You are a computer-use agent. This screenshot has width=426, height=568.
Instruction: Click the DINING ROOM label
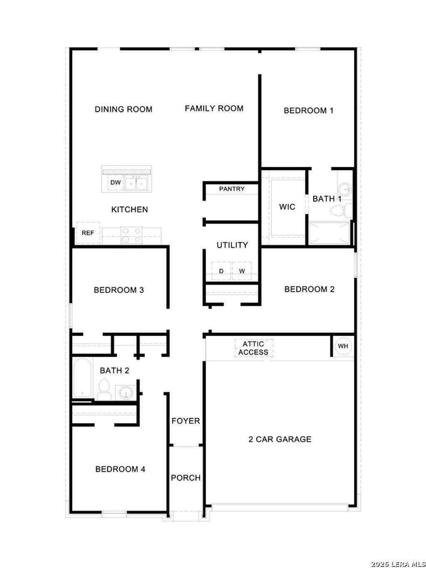124,109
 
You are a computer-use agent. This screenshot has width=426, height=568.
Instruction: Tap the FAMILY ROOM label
214,109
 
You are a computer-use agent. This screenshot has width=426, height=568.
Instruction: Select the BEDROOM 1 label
308,111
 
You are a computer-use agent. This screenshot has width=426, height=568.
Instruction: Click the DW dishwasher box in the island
115,183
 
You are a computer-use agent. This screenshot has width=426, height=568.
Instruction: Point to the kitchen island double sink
136,183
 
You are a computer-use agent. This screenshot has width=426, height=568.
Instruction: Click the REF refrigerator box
88,233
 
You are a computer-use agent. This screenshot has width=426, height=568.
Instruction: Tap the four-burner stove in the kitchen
131,235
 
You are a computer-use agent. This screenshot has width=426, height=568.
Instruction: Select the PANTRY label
232,189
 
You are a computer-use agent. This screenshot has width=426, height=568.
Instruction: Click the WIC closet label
287,207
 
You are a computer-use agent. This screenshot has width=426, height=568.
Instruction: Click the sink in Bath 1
344,188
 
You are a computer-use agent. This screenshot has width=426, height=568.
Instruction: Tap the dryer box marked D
221,271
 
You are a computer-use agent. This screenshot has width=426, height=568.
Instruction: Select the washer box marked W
242,271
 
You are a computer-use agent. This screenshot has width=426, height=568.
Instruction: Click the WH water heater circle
343,346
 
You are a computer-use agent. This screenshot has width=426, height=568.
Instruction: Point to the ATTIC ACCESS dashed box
253,348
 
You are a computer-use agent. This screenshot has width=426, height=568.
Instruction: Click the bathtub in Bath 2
82,378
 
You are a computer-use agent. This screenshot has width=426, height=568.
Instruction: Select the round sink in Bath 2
125,392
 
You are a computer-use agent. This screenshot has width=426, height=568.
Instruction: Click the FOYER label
186,421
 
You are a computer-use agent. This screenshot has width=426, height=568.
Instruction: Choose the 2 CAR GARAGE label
280,439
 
